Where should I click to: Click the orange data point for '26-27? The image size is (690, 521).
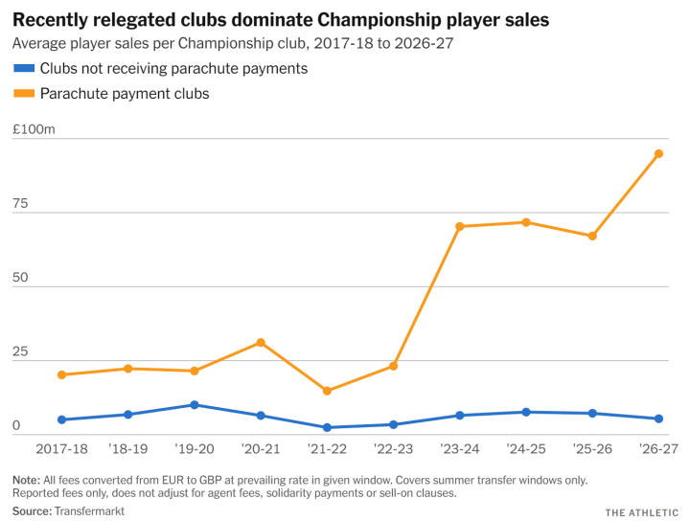[x=658, y=154]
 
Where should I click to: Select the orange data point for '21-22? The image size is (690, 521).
[x=327, y=391]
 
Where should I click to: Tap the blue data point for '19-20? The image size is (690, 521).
[x=195, y=405]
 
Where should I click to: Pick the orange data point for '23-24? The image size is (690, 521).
[x=459, y=227]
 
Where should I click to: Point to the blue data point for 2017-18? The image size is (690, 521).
[x=61, y=419]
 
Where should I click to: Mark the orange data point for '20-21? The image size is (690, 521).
[x=261, y=343]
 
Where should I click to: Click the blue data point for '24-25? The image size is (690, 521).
[x=526, y=413]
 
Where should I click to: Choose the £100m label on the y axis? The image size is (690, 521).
[x=34, y=129]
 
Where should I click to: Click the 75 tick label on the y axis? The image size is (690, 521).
[x=20, y=204]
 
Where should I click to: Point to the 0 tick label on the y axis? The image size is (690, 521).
[x=16, y=425]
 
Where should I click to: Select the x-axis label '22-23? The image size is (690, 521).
[x=394, y=449]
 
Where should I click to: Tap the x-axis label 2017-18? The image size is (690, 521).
[x=61, y=449]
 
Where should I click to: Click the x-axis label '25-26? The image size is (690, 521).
[x=592, y=449]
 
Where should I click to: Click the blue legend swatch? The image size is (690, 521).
[x=24, y=68]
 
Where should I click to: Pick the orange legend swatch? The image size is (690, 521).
[x=24, y=93]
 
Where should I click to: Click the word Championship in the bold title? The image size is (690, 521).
[x=379, y=20]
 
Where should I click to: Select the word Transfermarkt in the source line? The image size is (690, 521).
[x=89, y=511]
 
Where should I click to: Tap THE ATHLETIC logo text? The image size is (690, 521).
[x=641, y=512]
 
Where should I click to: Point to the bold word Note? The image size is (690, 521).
[x=27, y=480]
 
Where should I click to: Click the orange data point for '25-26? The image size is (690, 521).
[x=592, y=237]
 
